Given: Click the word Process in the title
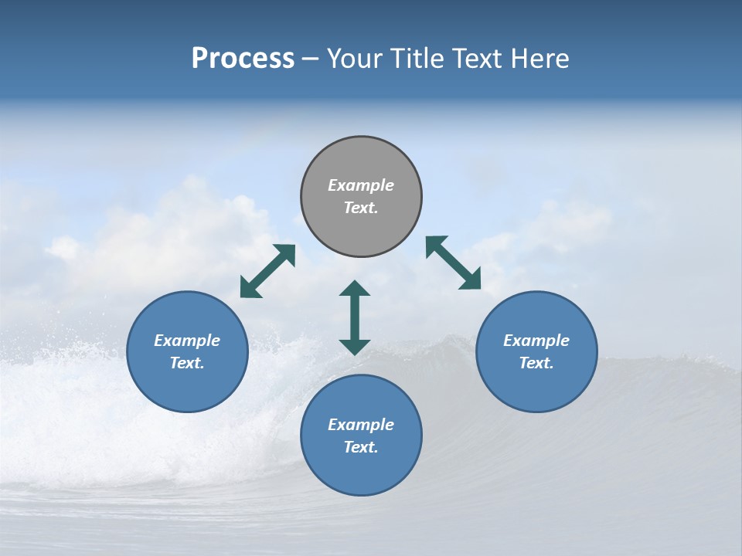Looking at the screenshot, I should click(x=243, y=59).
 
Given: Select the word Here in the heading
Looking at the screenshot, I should click(x=539, y=59).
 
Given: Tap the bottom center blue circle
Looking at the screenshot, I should click(x=361, y=468).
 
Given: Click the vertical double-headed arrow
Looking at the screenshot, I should click(x=355, y=317).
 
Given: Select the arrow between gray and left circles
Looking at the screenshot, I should click(x=267, y=271).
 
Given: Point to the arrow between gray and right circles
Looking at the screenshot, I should click(x=454, y=263).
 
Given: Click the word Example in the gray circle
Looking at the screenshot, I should click(x=361, y=185).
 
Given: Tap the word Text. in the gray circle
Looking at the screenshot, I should click(x=361, y=208).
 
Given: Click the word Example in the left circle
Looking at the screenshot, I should click(x=187, y=341).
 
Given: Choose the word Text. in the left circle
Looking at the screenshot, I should click(x=187, y=363).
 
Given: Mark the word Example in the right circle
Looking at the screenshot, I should click(x=536, y=341).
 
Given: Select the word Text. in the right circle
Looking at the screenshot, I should click(x=536, y=363).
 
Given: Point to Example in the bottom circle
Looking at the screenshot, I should click(x=361, y=425).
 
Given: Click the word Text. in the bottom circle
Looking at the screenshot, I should click(x=361, y=447).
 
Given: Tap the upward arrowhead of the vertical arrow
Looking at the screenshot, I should click(x=355, y=289).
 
